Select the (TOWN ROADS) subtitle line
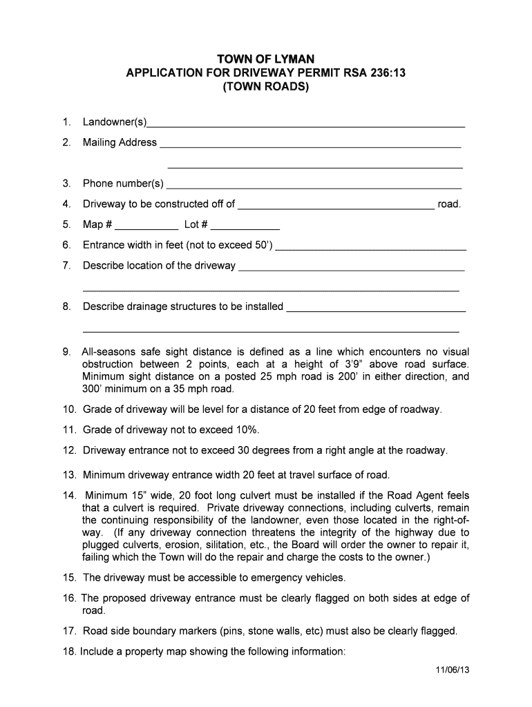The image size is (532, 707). pyautogui.click(x=266, y=88)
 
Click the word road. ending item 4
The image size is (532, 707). pyautogui.click(x=449, y=204)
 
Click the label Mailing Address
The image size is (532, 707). pyautogui.click(x=120, y=143)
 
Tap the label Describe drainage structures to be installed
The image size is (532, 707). pyautogui.click(x=183, y=307)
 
